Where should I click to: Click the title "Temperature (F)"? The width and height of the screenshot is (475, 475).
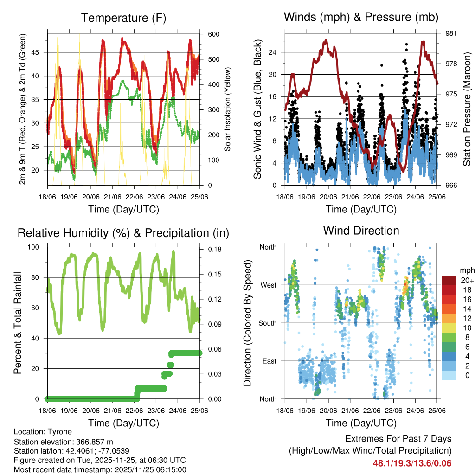point(123,18)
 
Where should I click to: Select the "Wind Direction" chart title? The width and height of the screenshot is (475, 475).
point(361,230)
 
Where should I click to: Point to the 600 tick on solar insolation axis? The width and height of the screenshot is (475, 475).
point(214,34)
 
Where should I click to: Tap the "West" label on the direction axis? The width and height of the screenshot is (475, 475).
point(268,285)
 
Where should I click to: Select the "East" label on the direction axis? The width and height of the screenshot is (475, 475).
point(269,361)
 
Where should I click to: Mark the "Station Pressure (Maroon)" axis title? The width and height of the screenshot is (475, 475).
point(467,109)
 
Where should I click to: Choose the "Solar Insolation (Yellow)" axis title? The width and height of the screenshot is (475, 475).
point(228,109)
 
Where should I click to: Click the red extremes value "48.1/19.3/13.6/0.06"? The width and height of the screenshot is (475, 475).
point(412,463)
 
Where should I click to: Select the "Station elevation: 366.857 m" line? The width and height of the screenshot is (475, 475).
point(64,442)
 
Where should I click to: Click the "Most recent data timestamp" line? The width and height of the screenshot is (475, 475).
point(100,469)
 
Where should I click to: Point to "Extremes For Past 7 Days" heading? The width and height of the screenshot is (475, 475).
point(398,439)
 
